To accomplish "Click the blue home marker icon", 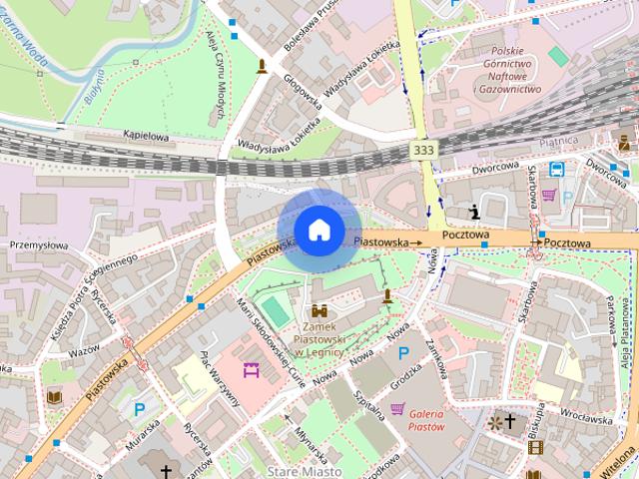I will [319, 230].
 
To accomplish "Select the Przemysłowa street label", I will [37, 243].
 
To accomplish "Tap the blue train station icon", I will [558, 170].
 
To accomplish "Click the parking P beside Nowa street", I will [403, 353].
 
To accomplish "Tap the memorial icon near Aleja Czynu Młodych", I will [263, 67].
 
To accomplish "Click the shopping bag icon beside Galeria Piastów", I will [398, 408].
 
